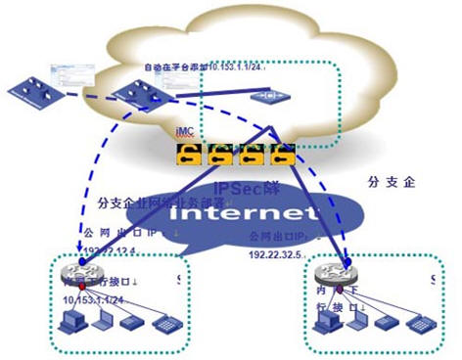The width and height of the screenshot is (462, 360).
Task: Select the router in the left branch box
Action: tap(72, 271)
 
